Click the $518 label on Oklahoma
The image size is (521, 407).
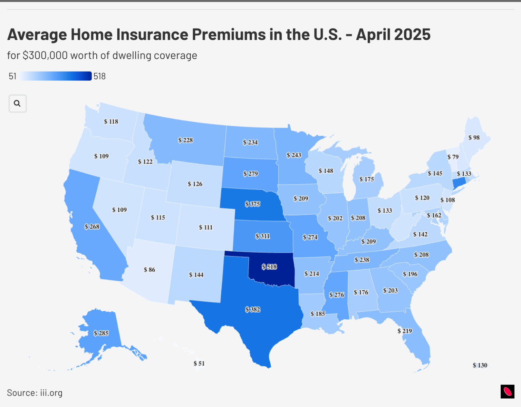pyautogui.click(x=269, y=267)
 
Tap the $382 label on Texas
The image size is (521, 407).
pyautogui.click(x=253, y=309)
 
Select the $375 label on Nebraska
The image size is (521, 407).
pyautogui.click(x=253, y=204)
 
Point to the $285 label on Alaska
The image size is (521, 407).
pyautogui.click(x=101, y=333)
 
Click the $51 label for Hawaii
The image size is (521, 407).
pyautogui.click(x=199, y=363)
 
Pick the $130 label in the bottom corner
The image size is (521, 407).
pyautogui.click(x=480, y=365)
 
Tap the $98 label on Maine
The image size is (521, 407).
pyautogui.click(x=474, y=137)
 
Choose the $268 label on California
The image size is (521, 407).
pyautogui.click(x=92, y=227)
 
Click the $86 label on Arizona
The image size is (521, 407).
pyautogui.click(x=149, y=270)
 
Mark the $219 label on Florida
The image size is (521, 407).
pyautogui.click(x=405, y=331)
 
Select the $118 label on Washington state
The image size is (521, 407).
pyautogui.click(x=111, y=121)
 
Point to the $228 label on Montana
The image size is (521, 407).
pyautogui.click(x=186, y=140)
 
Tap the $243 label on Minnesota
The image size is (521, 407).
pyautogui.click(x=294, y=155)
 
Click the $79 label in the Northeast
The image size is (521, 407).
pyautogui.click(x=453, y=157)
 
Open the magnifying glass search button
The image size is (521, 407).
pyautogui.click(x=17, y=103)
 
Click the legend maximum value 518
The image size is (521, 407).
pyautogui.click(x=99, y=76)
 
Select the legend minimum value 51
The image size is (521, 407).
pyautogui.click(x=13, y=76)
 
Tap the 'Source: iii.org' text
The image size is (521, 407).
pyautogui.click(x=35, y=393)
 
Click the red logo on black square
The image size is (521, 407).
pyautogui.click(x=507, y=392)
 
